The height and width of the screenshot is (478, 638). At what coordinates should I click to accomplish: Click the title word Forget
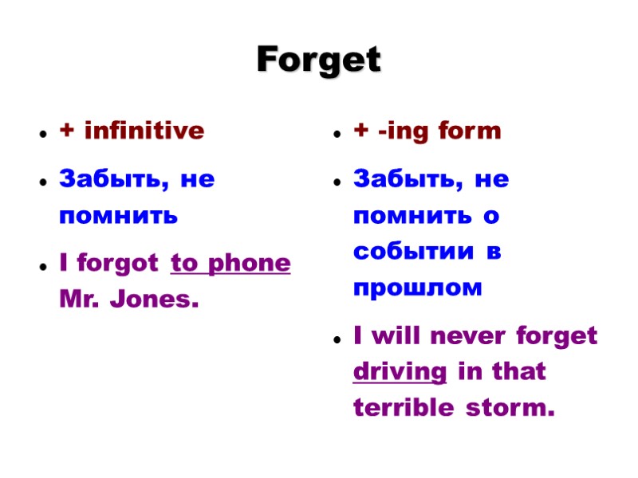[319, 61]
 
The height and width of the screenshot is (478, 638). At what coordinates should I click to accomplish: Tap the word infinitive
[144, 131]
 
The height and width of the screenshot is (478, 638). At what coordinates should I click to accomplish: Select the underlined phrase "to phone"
[230, 264]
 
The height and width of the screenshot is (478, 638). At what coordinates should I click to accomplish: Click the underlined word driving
[400, 372]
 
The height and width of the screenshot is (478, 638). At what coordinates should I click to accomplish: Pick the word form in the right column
[471, 131]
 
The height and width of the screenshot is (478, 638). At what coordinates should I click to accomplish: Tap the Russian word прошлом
[418, 288]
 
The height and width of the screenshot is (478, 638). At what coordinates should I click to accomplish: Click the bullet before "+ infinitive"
[40, 134]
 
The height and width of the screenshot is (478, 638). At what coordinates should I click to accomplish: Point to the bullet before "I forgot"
[40, 266]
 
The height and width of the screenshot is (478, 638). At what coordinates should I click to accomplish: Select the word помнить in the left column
[119, 216]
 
